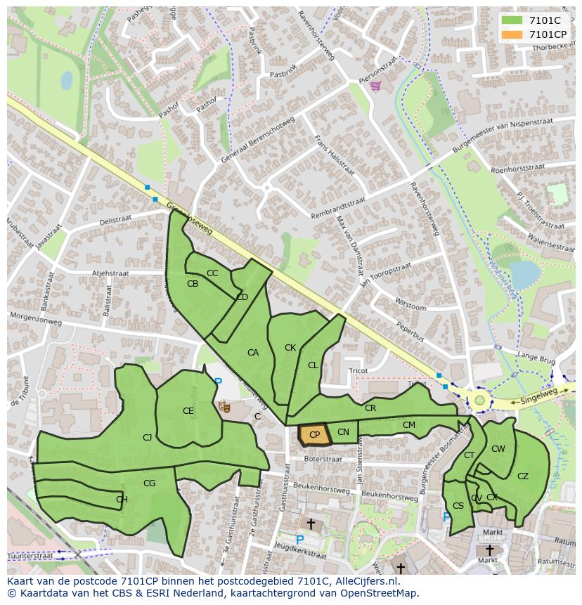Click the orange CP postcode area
[313, 435]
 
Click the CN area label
[343, 432]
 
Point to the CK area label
[290, 348]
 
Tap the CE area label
[188, 411]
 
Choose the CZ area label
[522, 476]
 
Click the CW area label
[498, 449]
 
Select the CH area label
[122, 500]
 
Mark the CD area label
[242, 297]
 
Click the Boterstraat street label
[323, 459]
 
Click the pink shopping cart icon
[375, 86]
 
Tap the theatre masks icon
[225, 406]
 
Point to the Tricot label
[358, 370]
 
